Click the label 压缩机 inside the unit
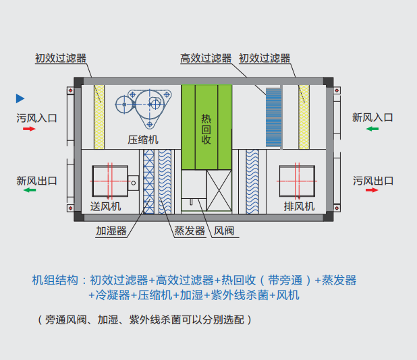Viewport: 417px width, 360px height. tap(143, 140)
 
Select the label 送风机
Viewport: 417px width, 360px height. tap(105, 206)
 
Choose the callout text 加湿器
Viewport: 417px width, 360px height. tap(112, 231)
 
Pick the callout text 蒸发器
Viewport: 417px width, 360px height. tap(190, 231)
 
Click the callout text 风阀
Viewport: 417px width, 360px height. tap(224, 231)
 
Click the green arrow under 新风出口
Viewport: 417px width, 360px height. tap(29, 191)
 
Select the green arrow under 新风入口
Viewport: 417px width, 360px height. tap(372, 128)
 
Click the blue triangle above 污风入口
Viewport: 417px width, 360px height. tap(20, 98)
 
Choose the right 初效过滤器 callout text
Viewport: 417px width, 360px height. tap(265, 59)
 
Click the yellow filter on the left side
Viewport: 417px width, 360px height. tap(99, 117)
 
